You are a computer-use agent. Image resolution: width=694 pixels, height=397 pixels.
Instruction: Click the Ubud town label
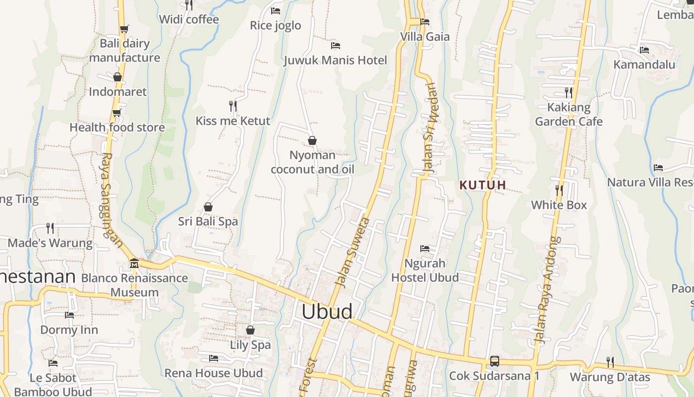pos(327,312)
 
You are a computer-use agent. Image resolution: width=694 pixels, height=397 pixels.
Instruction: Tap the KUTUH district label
pos(483,185)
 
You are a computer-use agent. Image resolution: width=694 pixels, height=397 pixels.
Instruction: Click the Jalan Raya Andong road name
pos(547,290)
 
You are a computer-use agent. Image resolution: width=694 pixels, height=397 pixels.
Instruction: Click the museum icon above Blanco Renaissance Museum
pos(134,263)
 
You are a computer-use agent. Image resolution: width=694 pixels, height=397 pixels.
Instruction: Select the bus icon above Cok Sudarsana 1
pos(494,361)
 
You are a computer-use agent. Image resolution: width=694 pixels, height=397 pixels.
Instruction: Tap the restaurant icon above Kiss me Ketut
pos(232,106)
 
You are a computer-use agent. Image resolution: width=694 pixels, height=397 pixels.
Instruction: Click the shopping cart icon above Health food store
pos(116,113)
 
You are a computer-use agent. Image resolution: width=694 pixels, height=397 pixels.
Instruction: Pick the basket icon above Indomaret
pos(117,77)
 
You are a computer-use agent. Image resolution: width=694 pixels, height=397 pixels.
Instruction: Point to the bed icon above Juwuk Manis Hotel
pos(336,46)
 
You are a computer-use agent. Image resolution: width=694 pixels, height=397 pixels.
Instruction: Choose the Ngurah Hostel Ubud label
pos(425,270)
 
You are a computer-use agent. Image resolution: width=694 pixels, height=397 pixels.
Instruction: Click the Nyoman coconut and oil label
pos(312,162)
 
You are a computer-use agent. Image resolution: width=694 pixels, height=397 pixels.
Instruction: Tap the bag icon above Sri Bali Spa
pos(208,207)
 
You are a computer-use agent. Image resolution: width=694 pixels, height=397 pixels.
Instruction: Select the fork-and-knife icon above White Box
pos(559,190)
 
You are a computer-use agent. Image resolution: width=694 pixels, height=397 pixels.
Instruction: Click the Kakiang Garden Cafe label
pos(569,114)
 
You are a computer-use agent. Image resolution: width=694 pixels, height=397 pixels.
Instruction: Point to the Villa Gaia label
pos(425,37)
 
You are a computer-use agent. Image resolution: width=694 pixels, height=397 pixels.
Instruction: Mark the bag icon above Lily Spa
pos(250,330)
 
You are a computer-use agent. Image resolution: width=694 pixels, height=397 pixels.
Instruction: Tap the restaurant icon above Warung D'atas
pos(610,362)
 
